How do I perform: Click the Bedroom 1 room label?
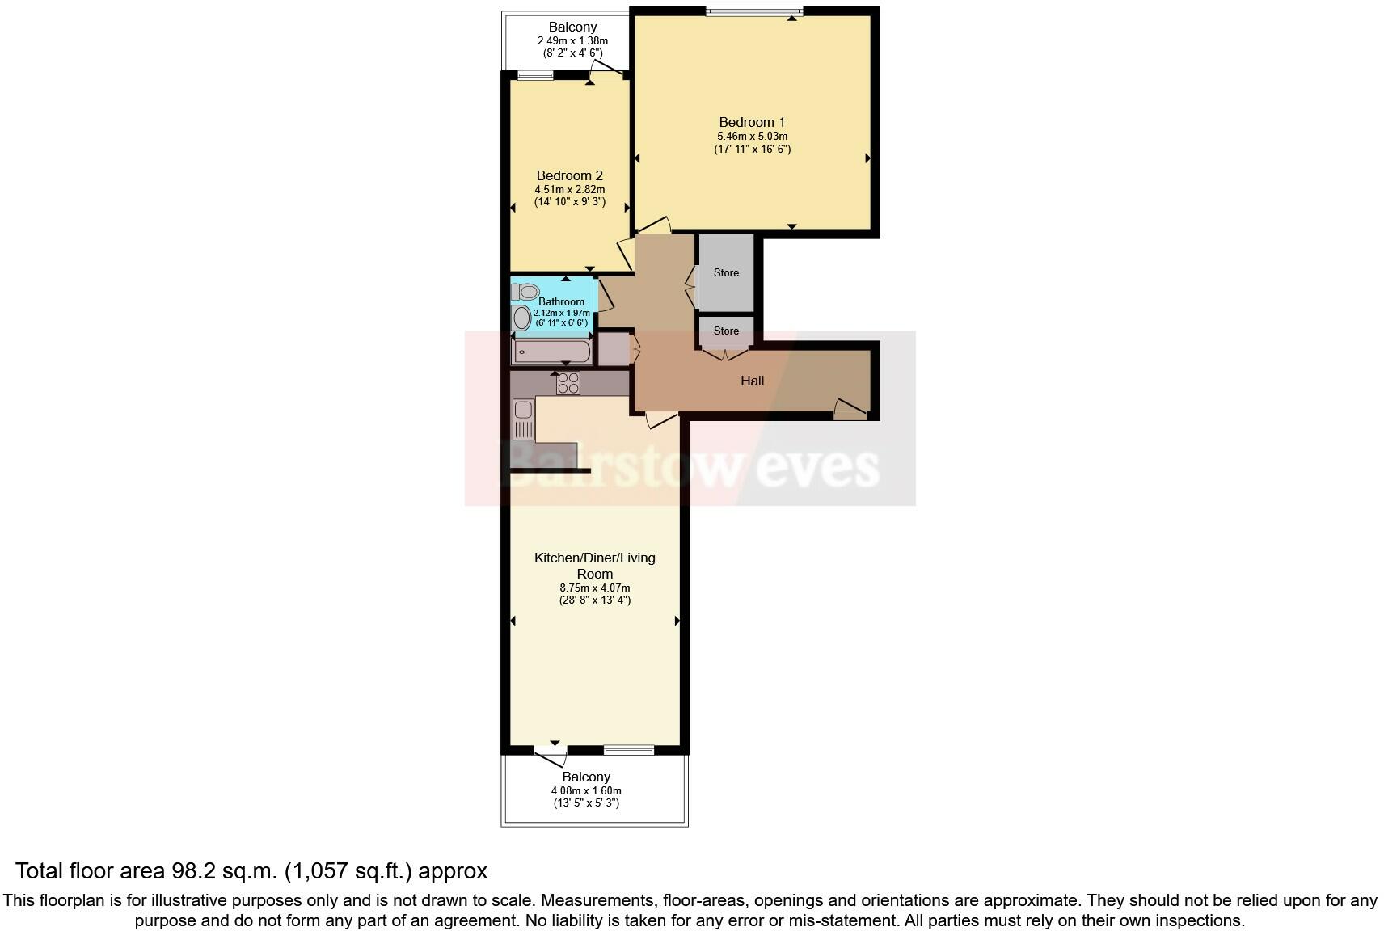click(752, 123)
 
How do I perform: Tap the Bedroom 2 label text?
click(569, 175)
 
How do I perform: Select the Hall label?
click(752, 381)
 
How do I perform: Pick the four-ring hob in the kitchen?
click(568, 383)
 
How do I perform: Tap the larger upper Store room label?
click(726, 273)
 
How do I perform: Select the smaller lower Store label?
click(726, 331)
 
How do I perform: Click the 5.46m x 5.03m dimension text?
click(752, 137)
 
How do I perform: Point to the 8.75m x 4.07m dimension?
click(594, 588)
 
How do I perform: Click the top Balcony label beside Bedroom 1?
click(572, 27)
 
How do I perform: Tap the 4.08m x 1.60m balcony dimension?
click(586, 791)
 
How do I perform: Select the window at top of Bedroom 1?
click(753, 11)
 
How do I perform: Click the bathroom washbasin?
click(522, 318)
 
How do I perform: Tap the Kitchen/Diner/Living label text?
click(594, 558)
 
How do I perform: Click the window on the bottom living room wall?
click(629, 750)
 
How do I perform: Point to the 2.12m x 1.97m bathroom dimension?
click(561, 313)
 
